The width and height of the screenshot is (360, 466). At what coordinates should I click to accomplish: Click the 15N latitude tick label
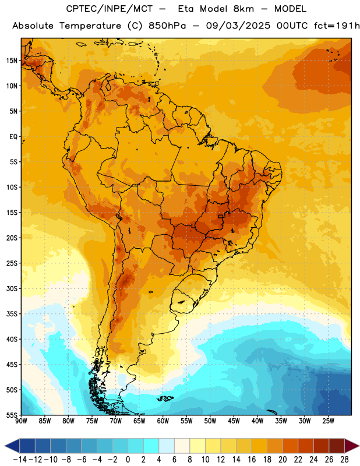pos(12,61)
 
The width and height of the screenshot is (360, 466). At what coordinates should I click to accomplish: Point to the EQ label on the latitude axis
pos(13,137)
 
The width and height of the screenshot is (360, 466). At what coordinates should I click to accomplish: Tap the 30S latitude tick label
pos(12,288)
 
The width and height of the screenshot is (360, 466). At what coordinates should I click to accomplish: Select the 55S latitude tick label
pos(12,415)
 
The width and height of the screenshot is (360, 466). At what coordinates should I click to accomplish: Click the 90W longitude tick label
pos(22,421)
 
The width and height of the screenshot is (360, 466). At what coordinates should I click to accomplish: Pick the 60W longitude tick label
pos(163,421)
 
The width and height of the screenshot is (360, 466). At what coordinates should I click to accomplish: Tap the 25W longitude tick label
pos(328,421)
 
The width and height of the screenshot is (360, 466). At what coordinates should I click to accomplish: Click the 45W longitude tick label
pos(234,421)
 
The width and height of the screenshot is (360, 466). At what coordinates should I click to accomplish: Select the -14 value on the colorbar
pos(20,460)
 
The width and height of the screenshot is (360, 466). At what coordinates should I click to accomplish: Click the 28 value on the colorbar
pos(344,460)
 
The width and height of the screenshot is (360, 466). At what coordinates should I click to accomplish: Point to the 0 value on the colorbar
pos(128,460)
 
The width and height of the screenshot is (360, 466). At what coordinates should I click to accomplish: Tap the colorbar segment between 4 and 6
pos(167,446)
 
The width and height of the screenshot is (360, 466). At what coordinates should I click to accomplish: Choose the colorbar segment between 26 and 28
pos(337,446)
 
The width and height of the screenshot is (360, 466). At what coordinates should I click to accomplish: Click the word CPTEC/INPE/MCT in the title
pos(110,9)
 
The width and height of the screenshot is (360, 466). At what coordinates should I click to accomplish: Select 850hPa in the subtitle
pos(167,26)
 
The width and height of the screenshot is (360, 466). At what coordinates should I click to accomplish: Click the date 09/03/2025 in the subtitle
pos(238,26)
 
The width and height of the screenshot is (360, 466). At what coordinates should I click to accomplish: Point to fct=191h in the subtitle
pos(337,26)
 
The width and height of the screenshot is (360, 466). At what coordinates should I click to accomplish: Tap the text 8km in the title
pos(243,9)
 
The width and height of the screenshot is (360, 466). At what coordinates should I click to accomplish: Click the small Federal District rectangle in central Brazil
pos(220,216)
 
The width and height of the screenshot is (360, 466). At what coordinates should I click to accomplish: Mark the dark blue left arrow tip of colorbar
pos(5,446)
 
